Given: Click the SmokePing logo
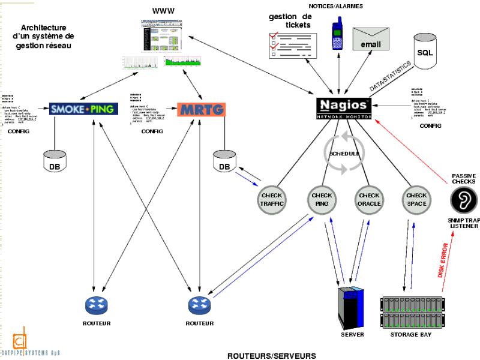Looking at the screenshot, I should pyautogui.click(x=83, y=109).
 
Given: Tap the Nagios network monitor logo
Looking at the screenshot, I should pyautogui.click(x=344, y=106).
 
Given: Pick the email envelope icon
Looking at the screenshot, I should pyautogui.click(x=371, y=40).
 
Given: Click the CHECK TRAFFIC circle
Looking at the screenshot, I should pyautogui.click(x=272, y=199).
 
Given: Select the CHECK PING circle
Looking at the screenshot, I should pyautogui.click(x=322, y=199).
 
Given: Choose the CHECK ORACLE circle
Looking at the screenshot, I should pyautogui.click(x=369, y=199).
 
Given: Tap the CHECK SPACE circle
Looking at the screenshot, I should pyautogui.click(x=416, y=199).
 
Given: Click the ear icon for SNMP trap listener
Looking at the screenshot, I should pyautogui.click(x=464, y=200).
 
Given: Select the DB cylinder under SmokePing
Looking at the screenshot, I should pyautogui.click(x=55, y=161).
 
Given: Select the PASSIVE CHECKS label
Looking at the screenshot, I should pyautogui.click(x=463, y=178).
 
